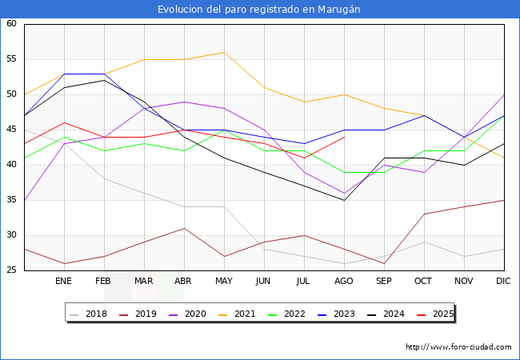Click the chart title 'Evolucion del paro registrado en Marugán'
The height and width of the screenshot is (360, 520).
pyautogui.click(x=259, y=9)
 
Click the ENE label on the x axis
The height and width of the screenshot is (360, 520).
pyautogui.click(x=64, y=282)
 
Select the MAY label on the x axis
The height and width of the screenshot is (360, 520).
pyautogui.click(x=224, y=282)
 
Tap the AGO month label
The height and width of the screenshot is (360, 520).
pyautogui.click(x=344, y=282)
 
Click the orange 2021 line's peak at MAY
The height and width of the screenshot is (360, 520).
pyautogui.click(x=224, y=52)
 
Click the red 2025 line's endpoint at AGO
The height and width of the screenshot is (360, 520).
pyautogui.click(x=344, y=137)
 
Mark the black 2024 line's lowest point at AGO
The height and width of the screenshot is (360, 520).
pyautogui.click(x=344, y=200)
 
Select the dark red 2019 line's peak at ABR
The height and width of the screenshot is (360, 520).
pyautogui.click(x=184, y=228)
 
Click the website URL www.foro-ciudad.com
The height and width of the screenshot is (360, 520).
pyautogui.click(x=458, y=347)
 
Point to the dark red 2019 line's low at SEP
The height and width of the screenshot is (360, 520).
pyautogui.click(x=384, y=263)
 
